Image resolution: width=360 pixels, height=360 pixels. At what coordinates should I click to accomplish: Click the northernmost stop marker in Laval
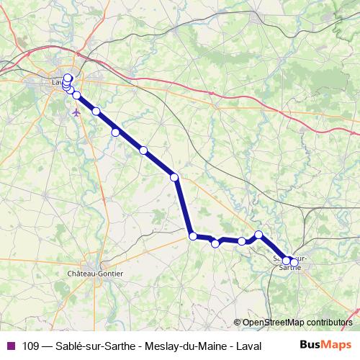coord(68,78)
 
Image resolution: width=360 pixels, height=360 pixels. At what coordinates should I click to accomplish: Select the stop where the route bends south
coord(174,177)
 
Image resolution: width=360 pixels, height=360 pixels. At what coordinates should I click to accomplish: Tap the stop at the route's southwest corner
coord(192,235)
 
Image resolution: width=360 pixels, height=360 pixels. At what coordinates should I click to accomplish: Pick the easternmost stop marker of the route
coord(287,261)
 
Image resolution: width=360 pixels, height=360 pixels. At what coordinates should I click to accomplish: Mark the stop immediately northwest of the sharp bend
coord(143,150)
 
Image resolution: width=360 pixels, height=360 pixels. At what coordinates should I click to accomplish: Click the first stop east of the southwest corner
coord(215,244)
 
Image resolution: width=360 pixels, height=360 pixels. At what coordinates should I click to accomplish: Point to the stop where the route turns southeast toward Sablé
coord(259,235)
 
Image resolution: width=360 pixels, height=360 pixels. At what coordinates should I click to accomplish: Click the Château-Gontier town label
coord(94,274)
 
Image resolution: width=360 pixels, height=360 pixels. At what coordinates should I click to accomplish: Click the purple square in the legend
coord(11,346)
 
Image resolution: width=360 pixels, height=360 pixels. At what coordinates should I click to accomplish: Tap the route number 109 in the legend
coord(31,346)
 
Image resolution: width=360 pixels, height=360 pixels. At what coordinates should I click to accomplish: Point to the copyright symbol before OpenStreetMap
coord(238,322)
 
